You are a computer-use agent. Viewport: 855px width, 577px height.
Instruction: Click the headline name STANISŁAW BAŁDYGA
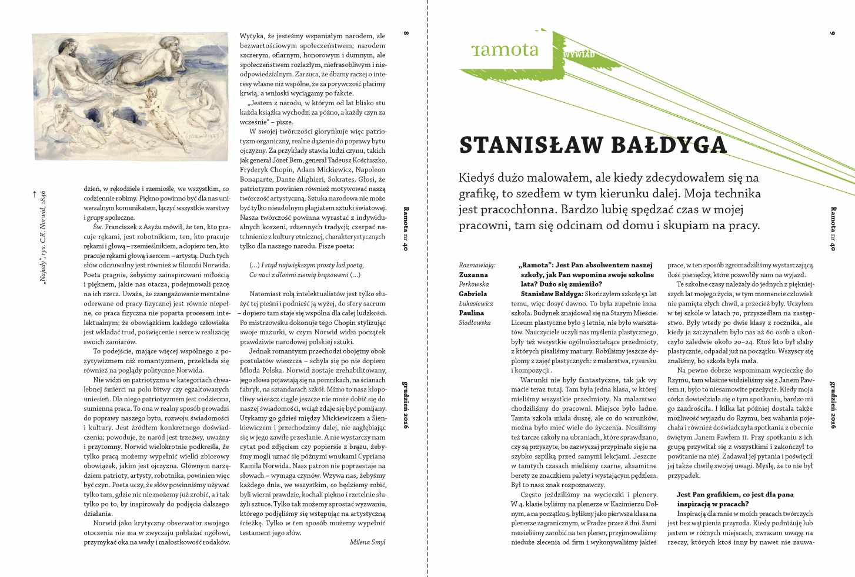tap(593, 145)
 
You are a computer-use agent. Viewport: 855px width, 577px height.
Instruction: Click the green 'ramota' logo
tap(505, 49)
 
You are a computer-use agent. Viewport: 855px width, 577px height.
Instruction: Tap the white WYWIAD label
tap(579, 55)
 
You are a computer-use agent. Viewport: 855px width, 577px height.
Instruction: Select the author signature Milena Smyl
tap(368, 542)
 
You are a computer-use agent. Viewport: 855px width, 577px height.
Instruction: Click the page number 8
tap(406, 33)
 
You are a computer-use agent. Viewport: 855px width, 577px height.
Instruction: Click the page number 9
tap(832, 33)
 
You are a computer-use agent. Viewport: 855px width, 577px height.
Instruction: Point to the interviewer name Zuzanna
tap(473, 274)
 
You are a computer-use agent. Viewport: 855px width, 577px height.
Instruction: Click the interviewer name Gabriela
tap(473, 294)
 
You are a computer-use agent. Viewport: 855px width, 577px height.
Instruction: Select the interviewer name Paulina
tap(472, 313)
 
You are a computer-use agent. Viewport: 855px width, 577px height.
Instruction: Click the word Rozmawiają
tap(477, 265)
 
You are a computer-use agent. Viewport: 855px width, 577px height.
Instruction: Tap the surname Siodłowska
tap(475, 323)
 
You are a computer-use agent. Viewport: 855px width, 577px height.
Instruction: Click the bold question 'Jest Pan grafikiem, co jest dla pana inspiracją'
tap(735, 499)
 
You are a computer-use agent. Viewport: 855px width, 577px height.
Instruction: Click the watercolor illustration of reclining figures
tap(131, 96)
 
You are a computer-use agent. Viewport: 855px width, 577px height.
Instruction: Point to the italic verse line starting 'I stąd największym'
tap(306, 265)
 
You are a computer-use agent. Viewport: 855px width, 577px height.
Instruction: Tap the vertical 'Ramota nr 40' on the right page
tap(832, 229)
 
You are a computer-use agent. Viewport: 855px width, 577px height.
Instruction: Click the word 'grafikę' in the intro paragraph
tap(480, 193)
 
